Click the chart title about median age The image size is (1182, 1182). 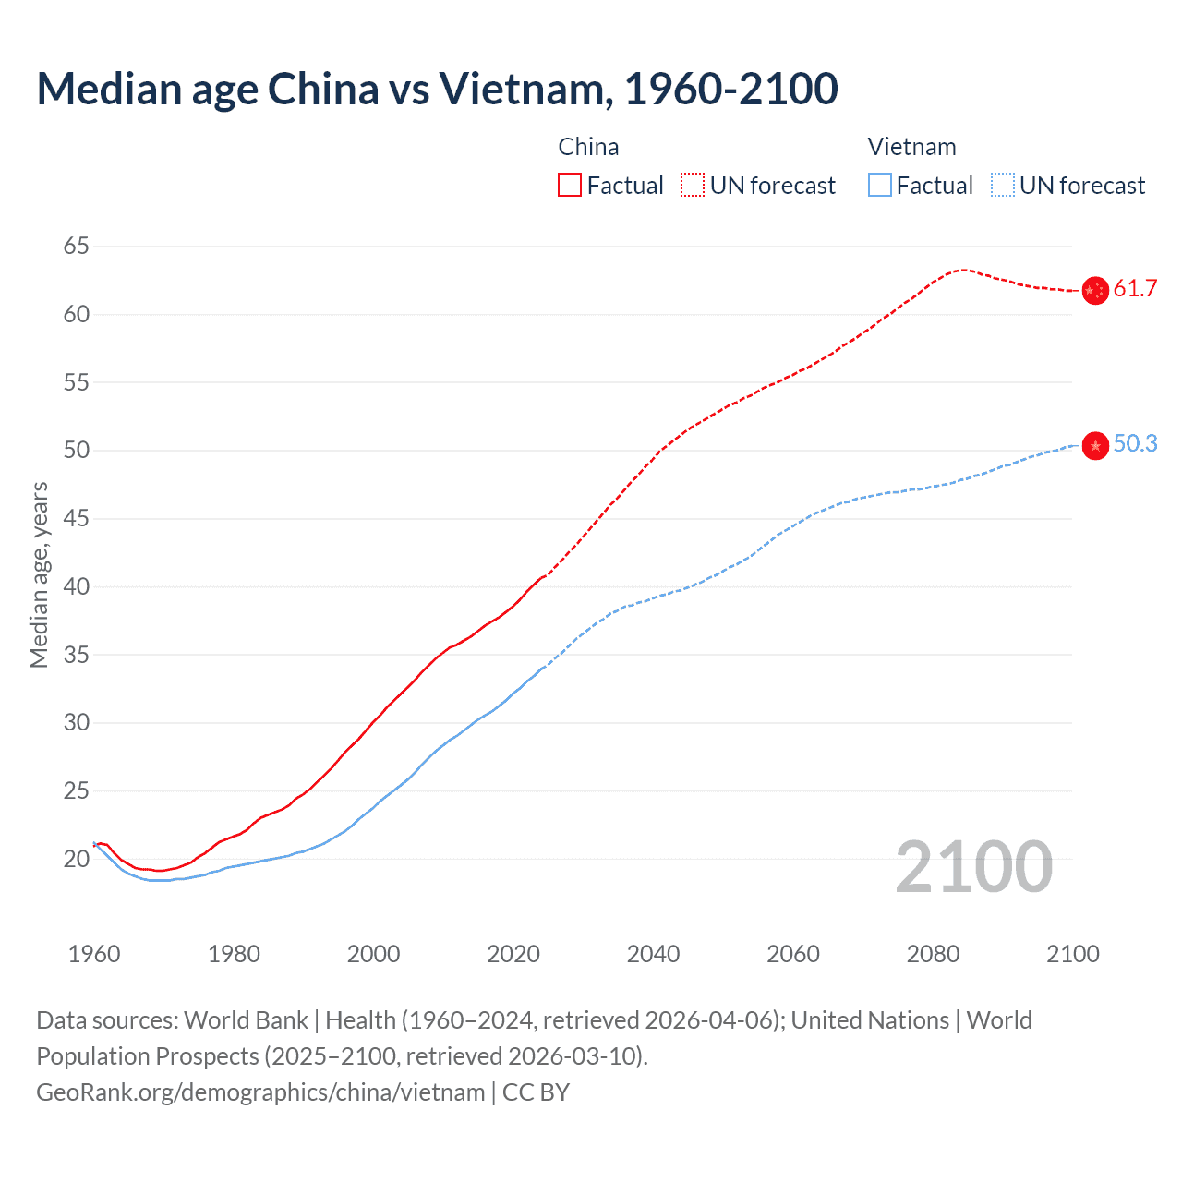click(x=437, y=89)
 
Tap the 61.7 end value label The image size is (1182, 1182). click(x=1135, y=289)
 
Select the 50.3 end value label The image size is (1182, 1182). click(x=1135, y=444)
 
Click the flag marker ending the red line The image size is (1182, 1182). click(x=1095, y=291)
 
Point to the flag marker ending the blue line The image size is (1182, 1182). click(x=1095, y=446)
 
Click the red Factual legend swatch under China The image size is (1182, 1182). click(x=570, y=186)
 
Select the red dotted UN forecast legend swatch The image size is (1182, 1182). click(x=693, y=186)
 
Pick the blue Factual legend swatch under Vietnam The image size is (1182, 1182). click(x=879, y=186)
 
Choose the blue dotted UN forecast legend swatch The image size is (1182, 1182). click(x=1002, y=186)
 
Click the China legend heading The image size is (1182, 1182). click(x=588, y=147)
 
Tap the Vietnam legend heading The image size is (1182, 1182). click(x=911, y=147)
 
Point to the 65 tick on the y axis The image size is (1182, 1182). click(x=77, y=247)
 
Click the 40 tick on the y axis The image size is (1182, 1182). click(x=77, y=586)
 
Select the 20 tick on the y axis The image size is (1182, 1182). click(x=77, y=859)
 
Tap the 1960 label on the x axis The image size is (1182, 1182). click(x=94, y=954)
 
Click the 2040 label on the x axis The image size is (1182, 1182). click(x=653, y=954)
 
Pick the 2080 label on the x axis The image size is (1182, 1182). click(x=933, y=954)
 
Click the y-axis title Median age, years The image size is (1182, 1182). click(x=39, y=574)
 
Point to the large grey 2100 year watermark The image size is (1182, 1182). click(x=974, y=867)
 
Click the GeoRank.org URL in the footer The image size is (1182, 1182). click(x=260, y=1092)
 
